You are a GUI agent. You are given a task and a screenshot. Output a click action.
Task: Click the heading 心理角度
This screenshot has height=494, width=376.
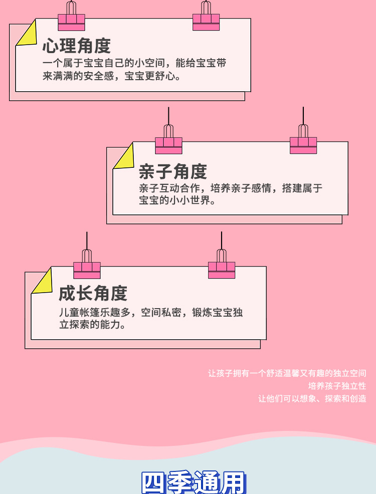(76, 46)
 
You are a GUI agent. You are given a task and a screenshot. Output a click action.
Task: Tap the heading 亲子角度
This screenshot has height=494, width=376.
(172, 171)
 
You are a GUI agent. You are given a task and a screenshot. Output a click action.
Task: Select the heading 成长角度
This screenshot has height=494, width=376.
(93, 293)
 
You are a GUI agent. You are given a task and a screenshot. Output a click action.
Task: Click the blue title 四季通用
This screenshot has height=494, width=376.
(194, 482)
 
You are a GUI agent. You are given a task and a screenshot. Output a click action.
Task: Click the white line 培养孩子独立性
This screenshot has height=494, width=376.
(337, 386)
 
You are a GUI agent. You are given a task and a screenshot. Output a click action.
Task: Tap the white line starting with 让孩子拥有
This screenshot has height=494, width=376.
(287, 373)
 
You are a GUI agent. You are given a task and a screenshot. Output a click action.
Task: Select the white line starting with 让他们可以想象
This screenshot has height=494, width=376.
(312, 399)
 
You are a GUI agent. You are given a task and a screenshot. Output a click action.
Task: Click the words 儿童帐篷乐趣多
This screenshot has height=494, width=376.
(94, 312)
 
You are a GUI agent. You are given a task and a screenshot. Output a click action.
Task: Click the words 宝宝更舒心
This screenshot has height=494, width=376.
(152, 77)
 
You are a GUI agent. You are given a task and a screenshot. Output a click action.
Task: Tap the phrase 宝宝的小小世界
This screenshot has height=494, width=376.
(176, 201)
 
